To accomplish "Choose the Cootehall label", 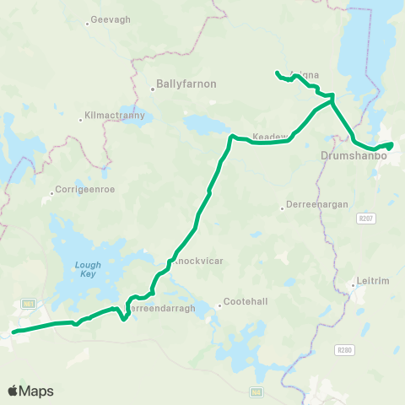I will coord(242,305).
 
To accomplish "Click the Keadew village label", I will coord(271,137).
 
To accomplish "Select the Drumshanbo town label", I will coord(354,157).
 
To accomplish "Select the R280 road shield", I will coord(343,349).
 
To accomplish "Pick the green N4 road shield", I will coord(256,391).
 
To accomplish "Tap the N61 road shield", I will coord(29,303).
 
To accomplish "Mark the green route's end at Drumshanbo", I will coord(390,145).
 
